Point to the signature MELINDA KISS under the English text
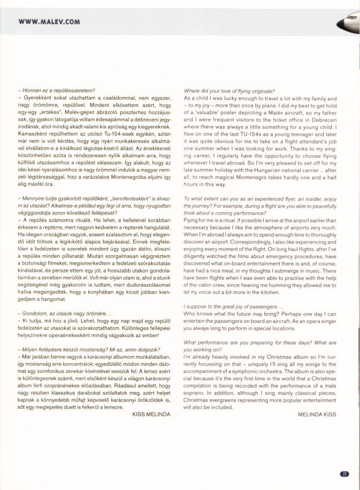coord(317,414)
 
